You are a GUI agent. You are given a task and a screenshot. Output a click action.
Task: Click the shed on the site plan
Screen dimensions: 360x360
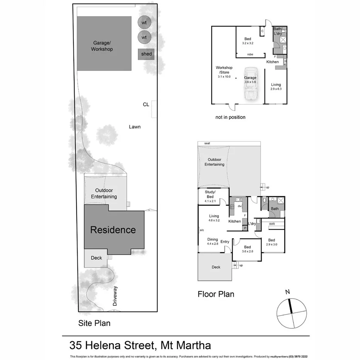click(x=146, y=54)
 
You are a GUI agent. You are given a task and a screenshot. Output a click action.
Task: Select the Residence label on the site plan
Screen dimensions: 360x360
click(x=113, y=230)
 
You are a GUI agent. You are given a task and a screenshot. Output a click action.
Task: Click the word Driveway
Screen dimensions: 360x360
click(x=115, y=296)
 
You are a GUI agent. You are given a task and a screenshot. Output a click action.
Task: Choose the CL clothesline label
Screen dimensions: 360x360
click(x=146, y=104)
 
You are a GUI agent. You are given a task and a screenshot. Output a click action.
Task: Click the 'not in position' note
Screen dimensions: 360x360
click(x=230, y=117)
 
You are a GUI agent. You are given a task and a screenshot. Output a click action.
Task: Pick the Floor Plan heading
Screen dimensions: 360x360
click(x=216, y=294)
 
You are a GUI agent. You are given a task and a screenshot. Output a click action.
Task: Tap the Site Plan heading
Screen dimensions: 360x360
click(x=94, y=323)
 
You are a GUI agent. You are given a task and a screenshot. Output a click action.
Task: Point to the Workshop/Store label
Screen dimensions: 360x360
click(x=224, y=72)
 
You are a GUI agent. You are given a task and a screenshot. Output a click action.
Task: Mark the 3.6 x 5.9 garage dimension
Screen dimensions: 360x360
click(x=250, y=82)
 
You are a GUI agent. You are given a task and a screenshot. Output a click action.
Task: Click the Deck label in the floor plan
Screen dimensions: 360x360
click(x=216, y=267)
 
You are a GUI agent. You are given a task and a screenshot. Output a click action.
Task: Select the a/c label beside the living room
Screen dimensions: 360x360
click(x=202, y=230)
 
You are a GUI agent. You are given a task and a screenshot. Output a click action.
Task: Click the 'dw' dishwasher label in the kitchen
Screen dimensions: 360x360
click(x=239, y=206)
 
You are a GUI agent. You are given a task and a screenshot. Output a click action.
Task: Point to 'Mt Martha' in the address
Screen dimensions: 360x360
click(x=185, y=345)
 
